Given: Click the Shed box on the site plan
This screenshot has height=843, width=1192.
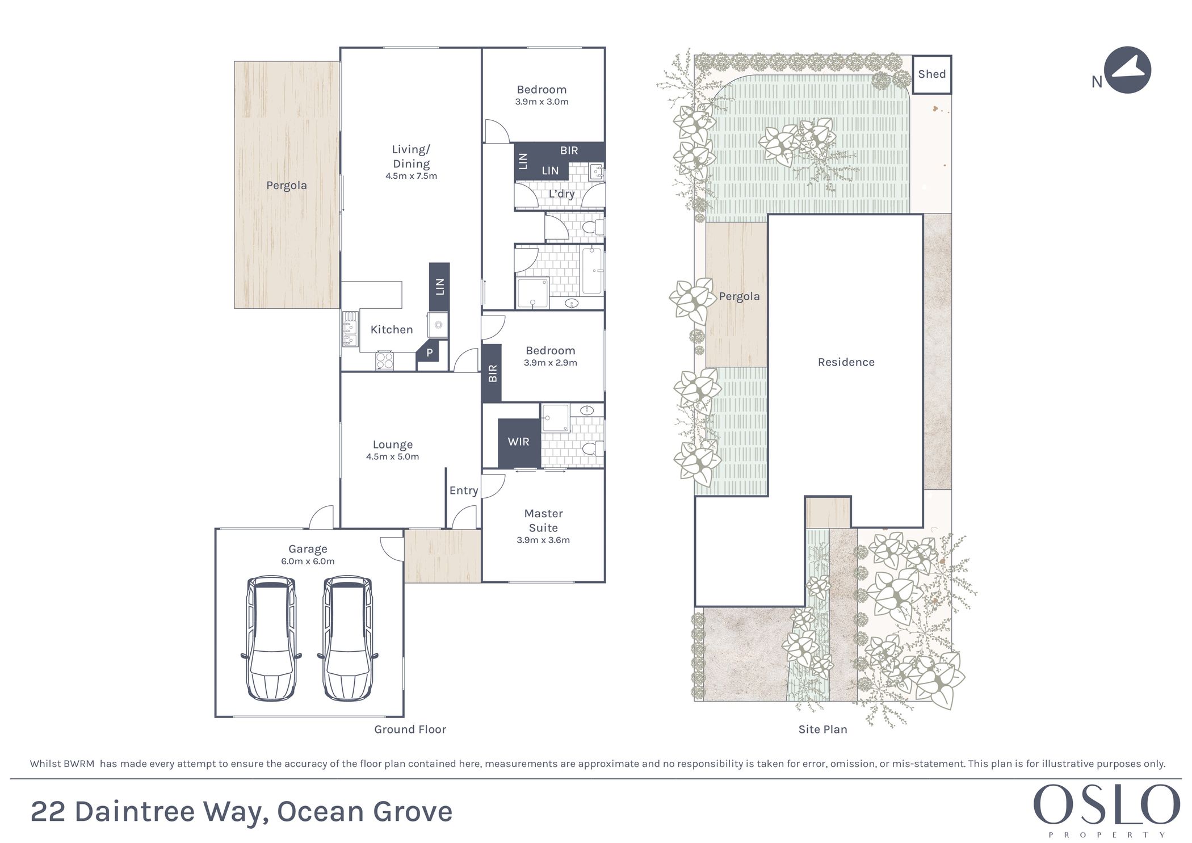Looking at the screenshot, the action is pos(931,74).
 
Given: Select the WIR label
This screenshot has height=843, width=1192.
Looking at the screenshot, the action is pos(518,442).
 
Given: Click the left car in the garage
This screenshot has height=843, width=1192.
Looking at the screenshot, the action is pos(271,638).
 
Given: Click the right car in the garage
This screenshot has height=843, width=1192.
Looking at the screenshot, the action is pos(348,638).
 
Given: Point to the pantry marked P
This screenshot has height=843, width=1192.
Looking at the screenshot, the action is pos(430,353).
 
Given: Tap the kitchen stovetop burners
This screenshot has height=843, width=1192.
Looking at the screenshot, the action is pos(385,361).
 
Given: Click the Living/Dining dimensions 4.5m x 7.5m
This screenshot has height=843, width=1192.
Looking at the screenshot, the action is pos(411,176).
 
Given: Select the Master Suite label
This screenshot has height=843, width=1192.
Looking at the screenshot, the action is pos(543,521).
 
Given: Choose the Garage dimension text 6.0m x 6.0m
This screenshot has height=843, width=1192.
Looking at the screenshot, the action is pos(308,561).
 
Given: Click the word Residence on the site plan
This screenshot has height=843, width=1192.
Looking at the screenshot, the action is pos(846,362).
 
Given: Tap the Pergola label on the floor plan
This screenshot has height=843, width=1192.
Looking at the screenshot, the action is pos(287,186).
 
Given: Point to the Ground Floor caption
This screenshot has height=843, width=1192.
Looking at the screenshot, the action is pos(410,729).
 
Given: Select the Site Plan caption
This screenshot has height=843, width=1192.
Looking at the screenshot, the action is pos(822,729).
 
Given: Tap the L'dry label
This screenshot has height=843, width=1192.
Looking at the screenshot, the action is pos(561,194).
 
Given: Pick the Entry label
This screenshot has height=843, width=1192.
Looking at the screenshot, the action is pos(464,491).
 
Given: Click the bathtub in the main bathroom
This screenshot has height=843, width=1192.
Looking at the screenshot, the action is pos(591,271).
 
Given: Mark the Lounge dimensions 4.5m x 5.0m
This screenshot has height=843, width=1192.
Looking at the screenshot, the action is pos(392,457).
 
